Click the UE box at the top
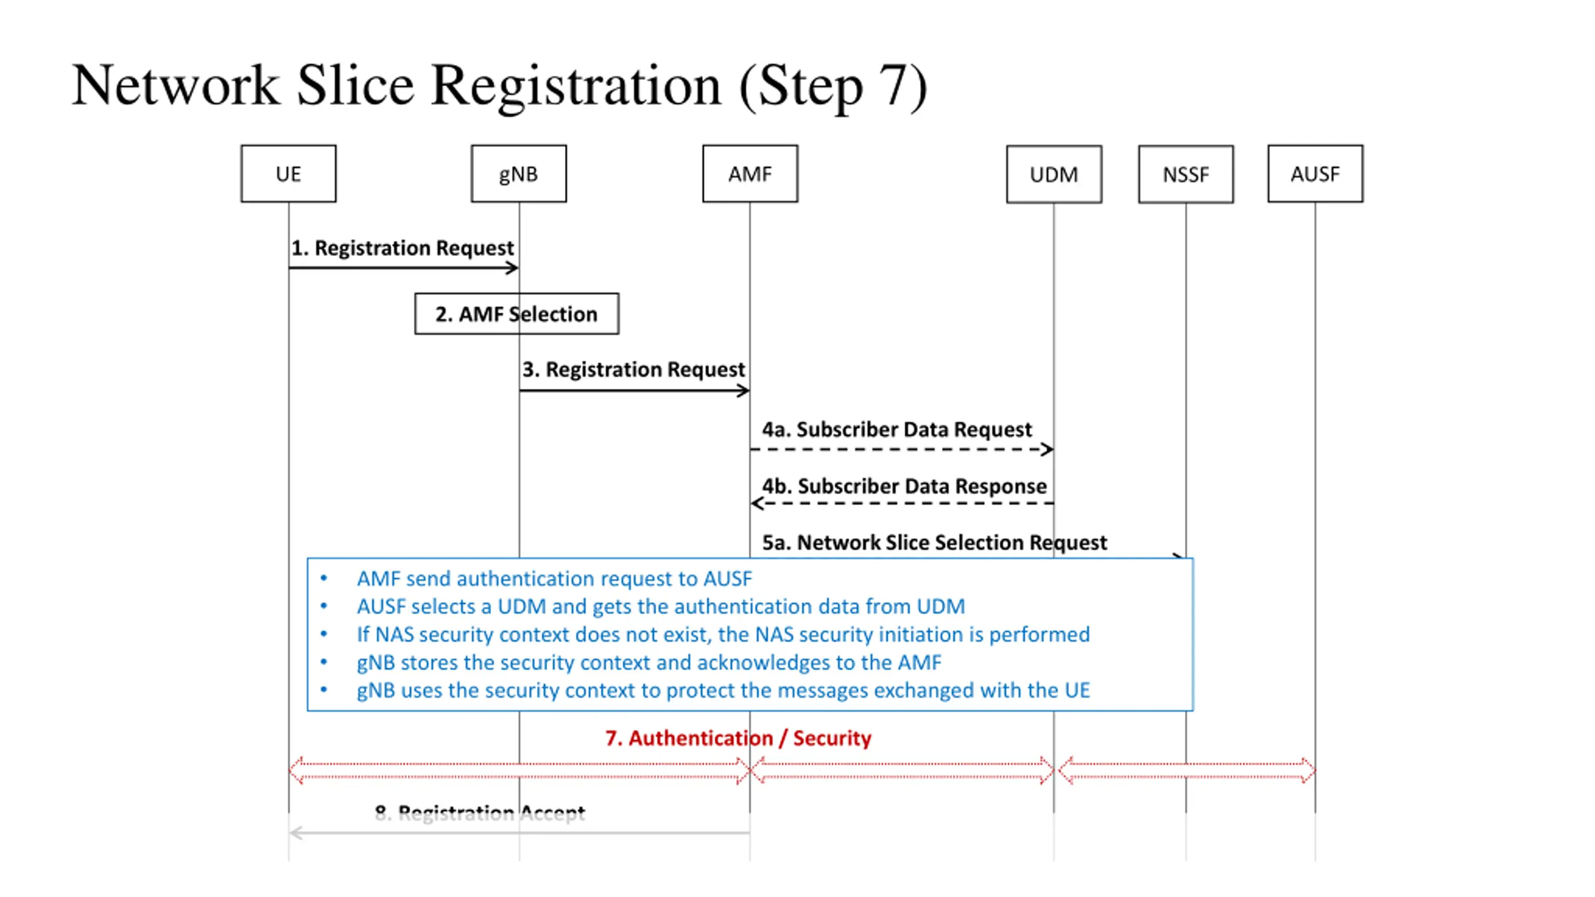[288, 174]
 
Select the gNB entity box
[518, 174]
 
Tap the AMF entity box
[750, 174]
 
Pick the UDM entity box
[1054, 174]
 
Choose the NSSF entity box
[1186, 174]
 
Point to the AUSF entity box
[1315, 174]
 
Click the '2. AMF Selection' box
[517, 314]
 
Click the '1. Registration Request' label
[402, 248]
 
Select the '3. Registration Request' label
[634, 369]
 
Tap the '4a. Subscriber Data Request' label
[897, 429]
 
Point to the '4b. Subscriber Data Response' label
[905, 486]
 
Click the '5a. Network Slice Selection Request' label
[935, 543]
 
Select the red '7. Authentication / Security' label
[738, 738]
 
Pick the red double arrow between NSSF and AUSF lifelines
[1187, 770]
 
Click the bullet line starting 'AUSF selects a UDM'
[660, 607]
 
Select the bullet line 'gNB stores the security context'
[649, 663]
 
